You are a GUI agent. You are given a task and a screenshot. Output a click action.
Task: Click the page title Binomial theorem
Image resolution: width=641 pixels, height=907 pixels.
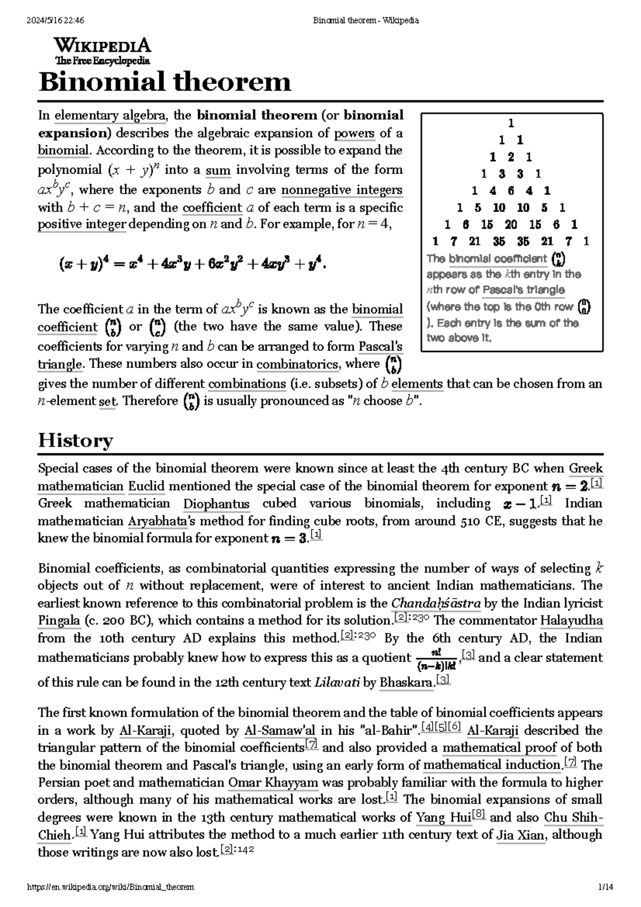point(165,82)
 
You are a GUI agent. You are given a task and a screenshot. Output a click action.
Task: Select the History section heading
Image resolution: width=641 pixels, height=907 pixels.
point(75,441)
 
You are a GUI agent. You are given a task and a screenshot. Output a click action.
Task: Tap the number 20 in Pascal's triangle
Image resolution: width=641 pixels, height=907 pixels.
point(511,224)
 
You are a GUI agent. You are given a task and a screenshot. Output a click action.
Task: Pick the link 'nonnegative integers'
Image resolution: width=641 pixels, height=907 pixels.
point(342,190)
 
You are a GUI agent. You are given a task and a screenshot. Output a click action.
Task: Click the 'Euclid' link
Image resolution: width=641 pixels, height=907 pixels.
point(146,486)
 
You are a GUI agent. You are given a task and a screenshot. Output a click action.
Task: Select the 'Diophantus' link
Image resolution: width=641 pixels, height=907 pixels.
point(216,504)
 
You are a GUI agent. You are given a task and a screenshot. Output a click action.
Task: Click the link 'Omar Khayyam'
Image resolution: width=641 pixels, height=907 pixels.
point(273,783)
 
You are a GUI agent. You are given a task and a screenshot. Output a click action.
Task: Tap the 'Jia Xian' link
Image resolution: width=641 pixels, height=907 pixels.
point(521,835)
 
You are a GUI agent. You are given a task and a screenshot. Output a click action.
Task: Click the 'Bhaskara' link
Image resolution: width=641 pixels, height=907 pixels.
point(406,683)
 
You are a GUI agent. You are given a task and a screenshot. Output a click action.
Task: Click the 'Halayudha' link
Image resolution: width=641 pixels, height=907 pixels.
point(571,621)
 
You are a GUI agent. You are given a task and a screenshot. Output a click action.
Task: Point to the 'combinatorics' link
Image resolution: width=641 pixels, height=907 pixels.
point(298,364)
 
